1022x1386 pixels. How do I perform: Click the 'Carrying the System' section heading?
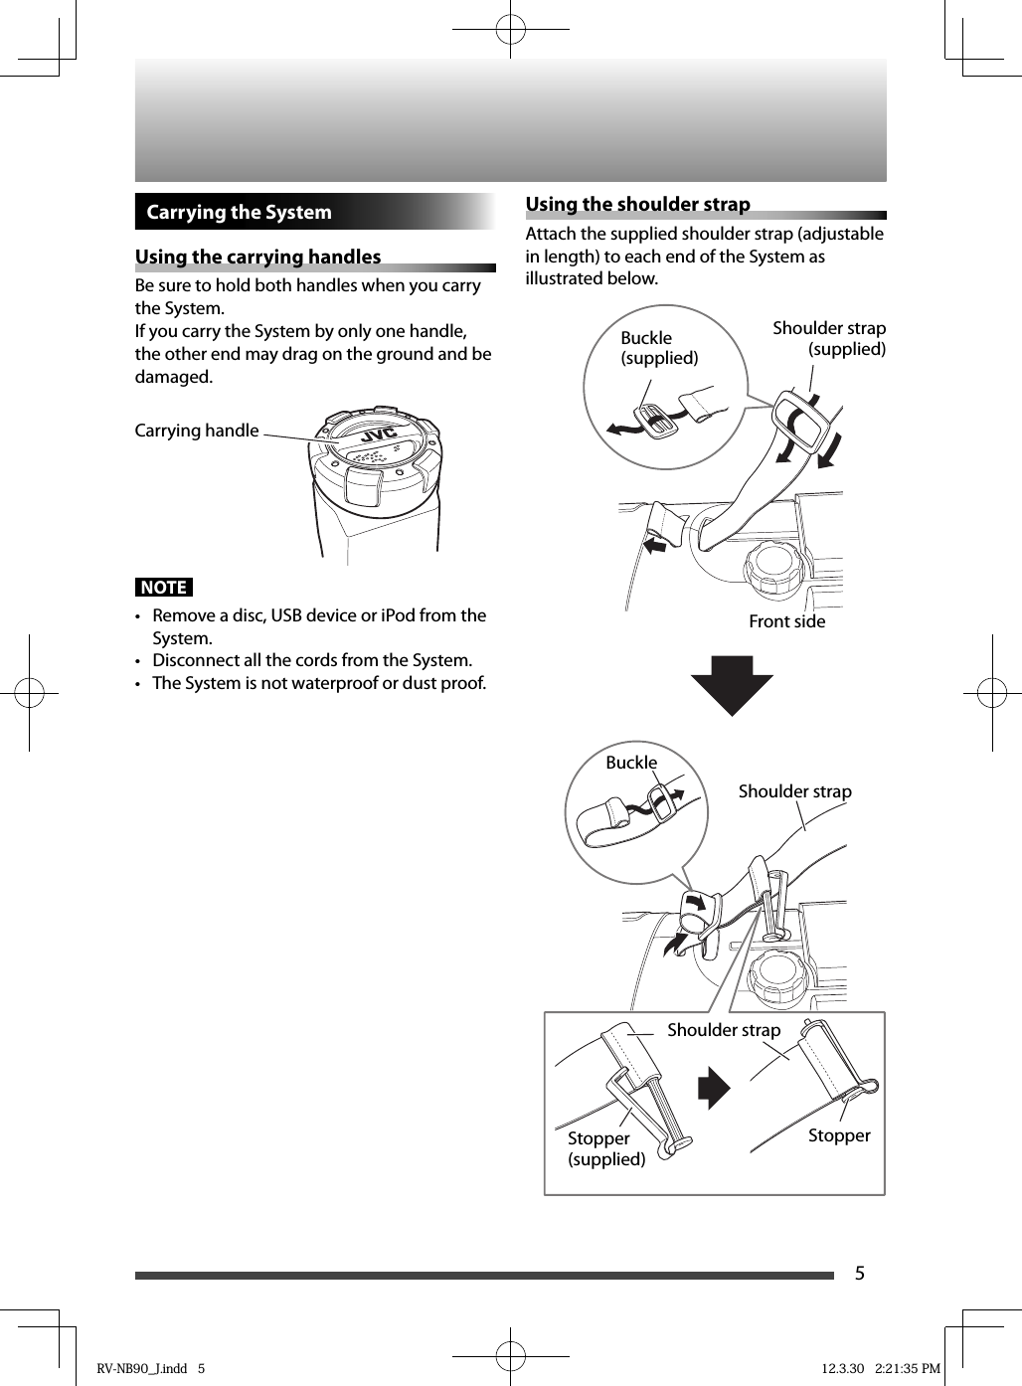(239, 212)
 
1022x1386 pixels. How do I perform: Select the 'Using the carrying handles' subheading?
(257, 257)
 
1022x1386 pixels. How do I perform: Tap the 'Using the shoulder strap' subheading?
(637, 204)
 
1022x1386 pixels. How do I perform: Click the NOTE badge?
(164, 587)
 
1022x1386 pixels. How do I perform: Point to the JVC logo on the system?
(378, 435)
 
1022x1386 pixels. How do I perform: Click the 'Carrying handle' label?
(197, 431)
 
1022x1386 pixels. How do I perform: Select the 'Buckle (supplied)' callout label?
(658, 348)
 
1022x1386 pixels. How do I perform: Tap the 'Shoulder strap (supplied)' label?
(829, 338)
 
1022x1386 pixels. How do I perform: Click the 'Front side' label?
(786, 621)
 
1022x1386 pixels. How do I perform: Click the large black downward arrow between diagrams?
(732, 684)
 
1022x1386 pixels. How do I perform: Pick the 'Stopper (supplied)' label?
(605, 1148)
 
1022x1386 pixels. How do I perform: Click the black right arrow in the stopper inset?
(714, 1088)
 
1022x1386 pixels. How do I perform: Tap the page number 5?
(860, 1274)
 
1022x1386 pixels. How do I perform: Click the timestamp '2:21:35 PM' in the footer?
(907, 1368)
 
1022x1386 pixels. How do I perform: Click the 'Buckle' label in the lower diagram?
(631, 763)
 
